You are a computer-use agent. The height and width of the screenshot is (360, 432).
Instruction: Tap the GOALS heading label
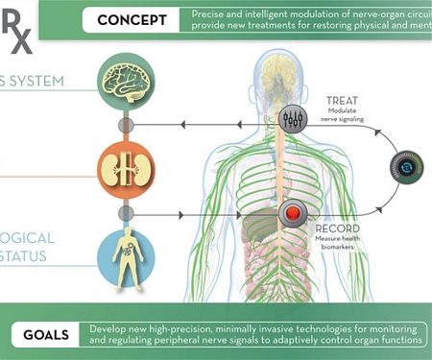point(46,335)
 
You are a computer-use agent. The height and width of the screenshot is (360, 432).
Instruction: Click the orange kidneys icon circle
point(126,169)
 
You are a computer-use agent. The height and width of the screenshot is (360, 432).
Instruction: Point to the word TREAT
point(343,100)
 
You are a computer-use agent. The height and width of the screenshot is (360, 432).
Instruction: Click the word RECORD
point(338,228)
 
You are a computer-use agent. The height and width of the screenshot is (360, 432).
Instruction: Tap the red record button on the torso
point(292,213)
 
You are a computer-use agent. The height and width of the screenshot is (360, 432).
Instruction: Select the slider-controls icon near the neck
point(292,121)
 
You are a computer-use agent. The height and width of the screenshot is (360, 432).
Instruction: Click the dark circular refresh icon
point(406,168)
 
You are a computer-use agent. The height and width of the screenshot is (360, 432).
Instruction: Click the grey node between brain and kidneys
point(126,126)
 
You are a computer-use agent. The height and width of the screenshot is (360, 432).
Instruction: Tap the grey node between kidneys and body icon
point(126,213)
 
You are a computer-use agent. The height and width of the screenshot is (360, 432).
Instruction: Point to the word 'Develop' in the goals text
point(110,327)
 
